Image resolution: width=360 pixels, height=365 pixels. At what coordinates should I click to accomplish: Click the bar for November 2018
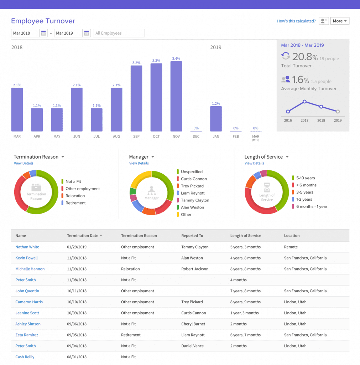tap(176, 96)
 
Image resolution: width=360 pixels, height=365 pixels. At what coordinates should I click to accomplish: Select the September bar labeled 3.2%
tap(136, 98)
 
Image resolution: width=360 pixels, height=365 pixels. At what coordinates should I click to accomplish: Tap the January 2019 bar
tap(216, 119)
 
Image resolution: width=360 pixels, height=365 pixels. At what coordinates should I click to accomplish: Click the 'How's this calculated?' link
tap(296, 21)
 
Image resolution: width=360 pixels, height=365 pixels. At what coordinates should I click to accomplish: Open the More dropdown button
tap(340, 21)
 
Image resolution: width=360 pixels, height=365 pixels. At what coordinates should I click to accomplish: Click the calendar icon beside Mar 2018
tap(44, 33)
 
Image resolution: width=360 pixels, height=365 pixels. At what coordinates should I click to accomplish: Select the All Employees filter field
tap(119, 33)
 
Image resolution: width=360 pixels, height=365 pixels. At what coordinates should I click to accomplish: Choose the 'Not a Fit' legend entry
tap(73, 181)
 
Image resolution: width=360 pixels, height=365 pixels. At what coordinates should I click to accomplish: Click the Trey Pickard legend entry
tap(192, 186)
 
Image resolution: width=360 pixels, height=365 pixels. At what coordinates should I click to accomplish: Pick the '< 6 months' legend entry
tap(306, 185)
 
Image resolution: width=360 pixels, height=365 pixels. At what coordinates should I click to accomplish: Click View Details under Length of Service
tap(254, 163)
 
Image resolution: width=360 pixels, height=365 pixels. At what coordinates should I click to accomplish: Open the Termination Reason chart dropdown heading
tap(39, 157)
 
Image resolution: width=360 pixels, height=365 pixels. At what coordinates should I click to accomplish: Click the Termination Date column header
tap(84, 236)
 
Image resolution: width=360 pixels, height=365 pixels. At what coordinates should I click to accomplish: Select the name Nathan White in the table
tap(27, 247)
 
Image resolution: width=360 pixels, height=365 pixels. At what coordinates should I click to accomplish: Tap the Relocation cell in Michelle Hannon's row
tap(130, 269)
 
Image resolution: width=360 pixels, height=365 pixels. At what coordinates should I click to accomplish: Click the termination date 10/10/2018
tap(77, 302)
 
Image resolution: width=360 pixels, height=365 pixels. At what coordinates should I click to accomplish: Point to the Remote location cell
tap(291, 247)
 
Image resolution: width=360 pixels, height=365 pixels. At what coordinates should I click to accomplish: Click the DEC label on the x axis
tap(196, 137)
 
